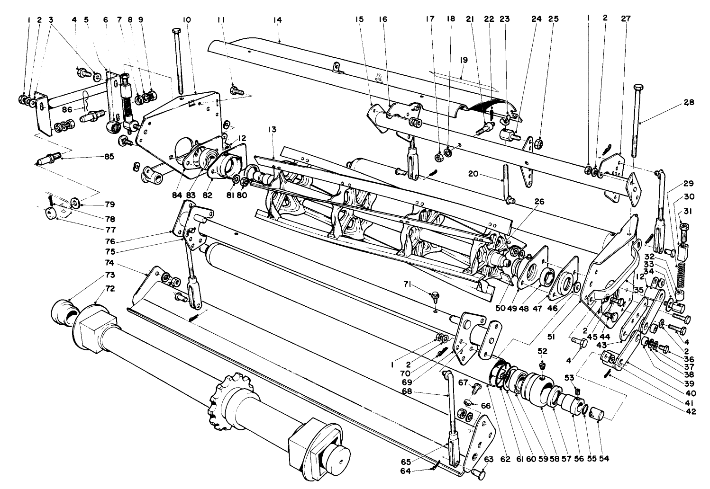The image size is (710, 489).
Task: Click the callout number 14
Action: click(277, 19)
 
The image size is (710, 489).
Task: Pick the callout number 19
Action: click(464, 60)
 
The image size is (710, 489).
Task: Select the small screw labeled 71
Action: click(434, 296)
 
